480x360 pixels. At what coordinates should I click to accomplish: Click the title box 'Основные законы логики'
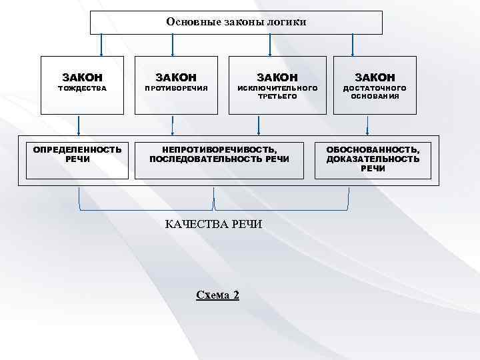pos(237,22)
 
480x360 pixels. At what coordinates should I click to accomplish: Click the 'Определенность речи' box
pos(77,159)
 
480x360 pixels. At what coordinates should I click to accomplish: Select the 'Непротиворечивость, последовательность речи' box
pos(219,159)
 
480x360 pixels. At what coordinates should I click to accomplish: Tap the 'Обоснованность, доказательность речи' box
pos(373,159)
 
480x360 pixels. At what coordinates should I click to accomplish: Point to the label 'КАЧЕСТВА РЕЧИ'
pos(213,224)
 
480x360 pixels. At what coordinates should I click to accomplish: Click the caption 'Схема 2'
pos(217,295)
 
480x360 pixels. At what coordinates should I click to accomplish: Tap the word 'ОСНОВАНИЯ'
pos(375,96)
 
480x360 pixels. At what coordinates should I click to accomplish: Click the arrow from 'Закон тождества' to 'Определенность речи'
pos(79,126)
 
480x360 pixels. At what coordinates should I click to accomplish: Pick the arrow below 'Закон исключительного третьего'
pos(259,126)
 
